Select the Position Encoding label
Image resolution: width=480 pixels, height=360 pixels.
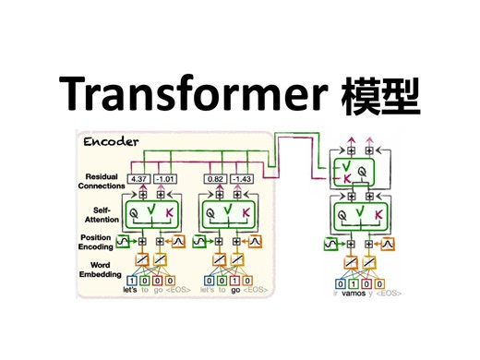pos(100,244)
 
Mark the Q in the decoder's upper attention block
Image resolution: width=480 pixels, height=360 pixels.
pos(363,171)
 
